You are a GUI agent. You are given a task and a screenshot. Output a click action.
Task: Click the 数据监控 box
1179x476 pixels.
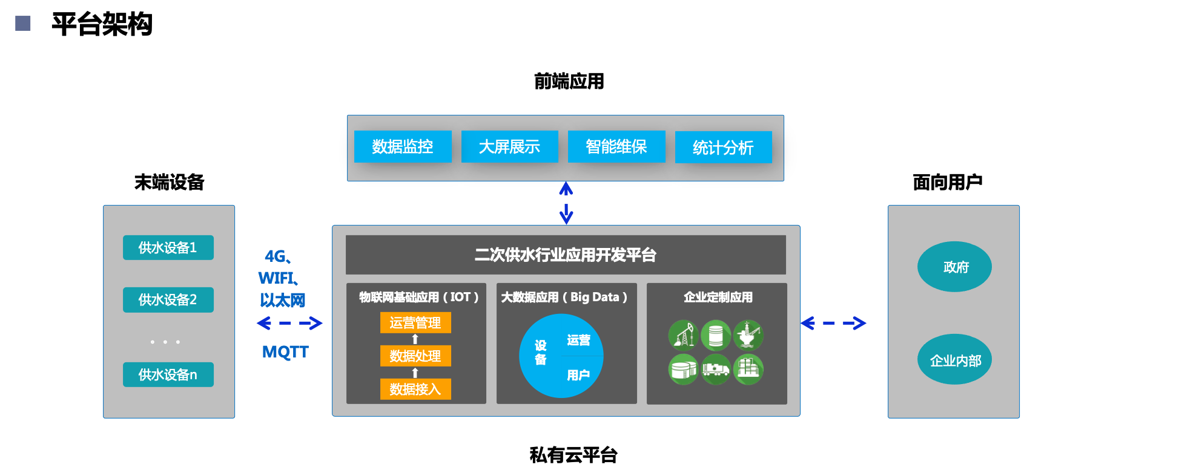[403, 147]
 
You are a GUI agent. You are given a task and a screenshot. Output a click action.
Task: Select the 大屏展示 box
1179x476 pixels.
[509, 147]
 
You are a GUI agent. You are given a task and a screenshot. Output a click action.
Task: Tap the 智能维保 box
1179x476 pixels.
[616, 147]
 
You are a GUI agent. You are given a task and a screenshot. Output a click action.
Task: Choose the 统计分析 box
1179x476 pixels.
[723, 148]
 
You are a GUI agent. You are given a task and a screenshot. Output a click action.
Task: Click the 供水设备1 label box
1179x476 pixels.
[168, 248]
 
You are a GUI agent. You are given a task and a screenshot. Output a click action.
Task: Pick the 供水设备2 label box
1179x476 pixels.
[168, 300]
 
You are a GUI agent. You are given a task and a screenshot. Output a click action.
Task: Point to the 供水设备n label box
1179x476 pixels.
[168, 375]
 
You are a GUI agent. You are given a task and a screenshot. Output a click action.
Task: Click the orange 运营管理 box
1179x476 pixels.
[415, 323]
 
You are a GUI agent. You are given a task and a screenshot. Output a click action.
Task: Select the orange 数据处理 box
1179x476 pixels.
[415, 356]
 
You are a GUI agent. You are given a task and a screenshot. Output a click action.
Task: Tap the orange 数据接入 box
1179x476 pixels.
[415, 390]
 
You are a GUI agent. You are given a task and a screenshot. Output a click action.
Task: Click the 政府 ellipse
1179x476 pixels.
[954, 267]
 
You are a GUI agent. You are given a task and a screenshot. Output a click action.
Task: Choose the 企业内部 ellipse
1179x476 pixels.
[954, 360]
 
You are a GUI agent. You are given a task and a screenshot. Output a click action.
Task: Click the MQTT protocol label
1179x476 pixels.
[285, 352]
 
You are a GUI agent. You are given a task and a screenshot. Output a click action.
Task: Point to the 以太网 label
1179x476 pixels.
[283, 300]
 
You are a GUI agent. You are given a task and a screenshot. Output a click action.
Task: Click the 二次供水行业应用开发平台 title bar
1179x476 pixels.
[566, 255]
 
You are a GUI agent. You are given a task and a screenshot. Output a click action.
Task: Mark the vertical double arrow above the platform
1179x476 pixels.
[566, 203]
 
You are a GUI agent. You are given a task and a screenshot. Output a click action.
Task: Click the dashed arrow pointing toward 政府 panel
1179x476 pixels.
[834, 324]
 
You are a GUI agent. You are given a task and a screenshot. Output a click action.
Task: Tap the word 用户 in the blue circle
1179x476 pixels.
[578, 376]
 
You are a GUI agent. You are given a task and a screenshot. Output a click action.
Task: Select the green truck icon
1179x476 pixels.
[716, 369]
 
